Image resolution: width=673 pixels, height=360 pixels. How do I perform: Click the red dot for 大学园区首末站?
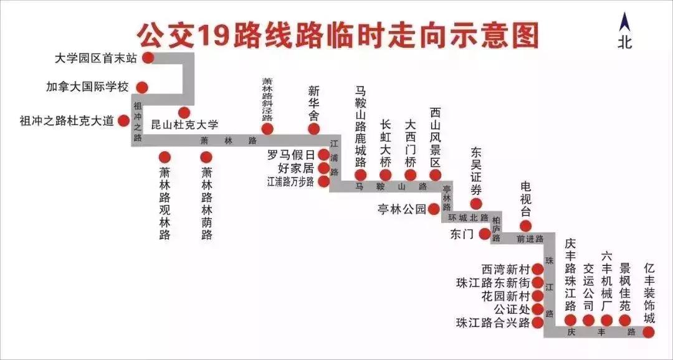148,58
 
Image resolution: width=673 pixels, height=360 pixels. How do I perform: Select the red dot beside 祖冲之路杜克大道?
123,121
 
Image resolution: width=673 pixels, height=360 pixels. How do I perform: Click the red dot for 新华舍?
314,129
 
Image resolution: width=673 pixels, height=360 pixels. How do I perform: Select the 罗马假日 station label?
290,155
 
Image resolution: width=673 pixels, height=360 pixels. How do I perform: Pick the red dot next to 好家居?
324,168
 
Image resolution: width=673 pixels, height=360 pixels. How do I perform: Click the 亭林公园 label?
401,209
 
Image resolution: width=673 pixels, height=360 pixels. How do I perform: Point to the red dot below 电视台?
525,225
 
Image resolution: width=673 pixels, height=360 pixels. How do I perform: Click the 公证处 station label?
511,309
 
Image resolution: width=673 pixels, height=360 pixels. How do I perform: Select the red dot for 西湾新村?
537,270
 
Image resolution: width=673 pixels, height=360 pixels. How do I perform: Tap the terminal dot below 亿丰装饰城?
649,331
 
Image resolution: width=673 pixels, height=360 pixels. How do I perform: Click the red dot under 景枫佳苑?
625,320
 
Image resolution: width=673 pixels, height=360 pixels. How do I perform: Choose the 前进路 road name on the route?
530,239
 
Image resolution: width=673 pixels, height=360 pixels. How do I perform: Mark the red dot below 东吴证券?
476,204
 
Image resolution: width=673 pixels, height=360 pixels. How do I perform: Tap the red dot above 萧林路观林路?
165,156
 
